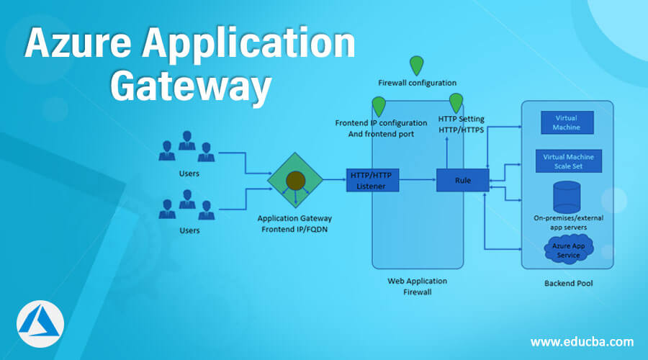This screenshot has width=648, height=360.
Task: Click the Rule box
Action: (463, 180)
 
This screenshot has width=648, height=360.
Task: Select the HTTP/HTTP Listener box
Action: (372, 180)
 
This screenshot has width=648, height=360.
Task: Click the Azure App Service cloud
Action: (568, 251)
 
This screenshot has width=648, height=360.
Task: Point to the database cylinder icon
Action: (567, 195)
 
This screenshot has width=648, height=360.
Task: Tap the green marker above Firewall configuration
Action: (417, 65)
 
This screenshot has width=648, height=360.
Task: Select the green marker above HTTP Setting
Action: (456, 102)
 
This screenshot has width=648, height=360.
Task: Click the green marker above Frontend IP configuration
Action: (379, 106)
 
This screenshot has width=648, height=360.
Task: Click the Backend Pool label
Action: (568, 284)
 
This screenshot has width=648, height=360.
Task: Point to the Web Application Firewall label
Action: (418, 286)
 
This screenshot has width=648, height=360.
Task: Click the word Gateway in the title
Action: (191, 87)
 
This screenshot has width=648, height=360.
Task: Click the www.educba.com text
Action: (582, 341)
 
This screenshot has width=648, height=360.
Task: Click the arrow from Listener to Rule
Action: (418, 180)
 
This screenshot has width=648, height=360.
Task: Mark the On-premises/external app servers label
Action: (568, 222)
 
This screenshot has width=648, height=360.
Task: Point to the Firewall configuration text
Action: (417, 83)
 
